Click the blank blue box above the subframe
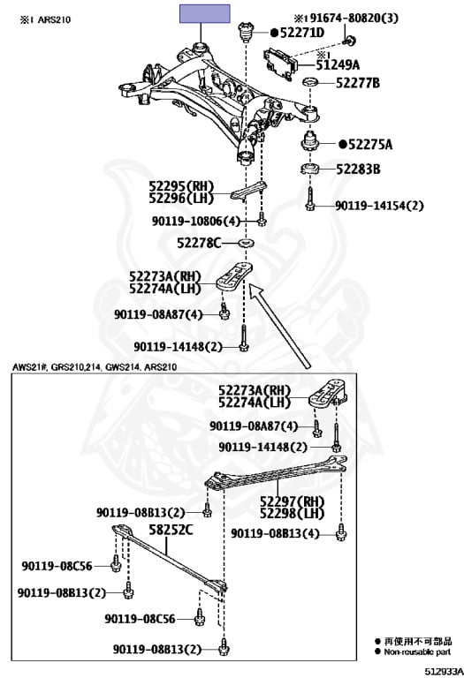pyautogui.click(x=205, y=13)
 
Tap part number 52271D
pyautogui.click(x=302, y=33)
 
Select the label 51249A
pyautogui.click(x=338, y=64)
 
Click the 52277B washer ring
pyautogui.click(x=311, y=82)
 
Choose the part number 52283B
pyautogui.click(x=358, y=169)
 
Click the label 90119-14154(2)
pyautogui.click(x=379, y=206)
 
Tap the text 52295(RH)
pyautogui.click(x=181, y=186)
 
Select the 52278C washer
pyautogui.click(x=247, y=243)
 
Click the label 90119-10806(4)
pyautogui.click(x=195, y=221)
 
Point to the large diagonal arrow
pyautogui.click(x=280, y=327)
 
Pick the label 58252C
pyautogui.click(x=171, y=530)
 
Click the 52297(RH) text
pyautogui.click(x=292, y=501)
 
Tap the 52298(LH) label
pyautogui.click(x=292, y=514)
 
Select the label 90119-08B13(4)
pyautogui.click(x=275, y=533)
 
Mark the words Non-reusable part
pyautogui.click(x=417, y=652)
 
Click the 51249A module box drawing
pyautogui.click(x=281, y=64)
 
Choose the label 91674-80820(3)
pyautogui.click(x=346, y=19)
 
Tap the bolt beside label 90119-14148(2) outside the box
pyautogui.click(x=244, y=338)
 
